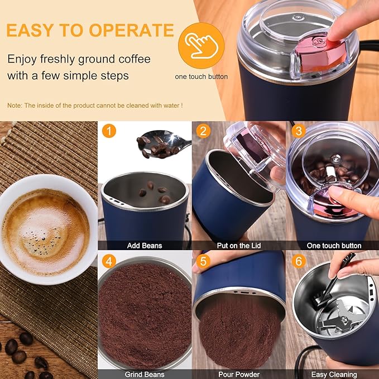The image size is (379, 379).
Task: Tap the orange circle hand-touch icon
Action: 201,45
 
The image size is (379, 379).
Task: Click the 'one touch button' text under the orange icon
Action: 201,76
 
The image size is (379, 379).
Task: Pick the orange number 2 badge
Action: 204,132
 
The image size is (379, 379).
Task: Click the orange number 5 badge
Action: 204,261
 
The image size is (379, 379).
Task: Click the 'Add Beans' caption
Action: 145,246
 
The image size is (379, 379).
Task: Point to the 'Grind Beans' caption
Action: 145,375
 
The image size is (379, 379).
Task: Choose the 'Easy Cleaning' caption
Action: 334,375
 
